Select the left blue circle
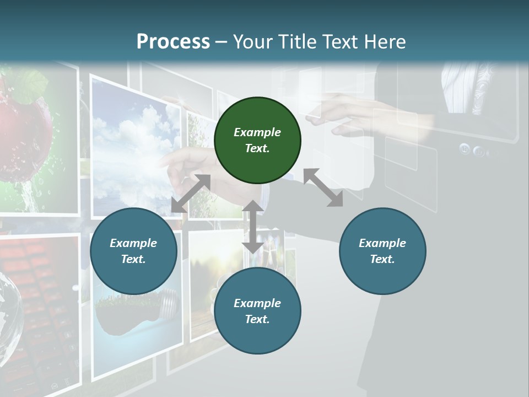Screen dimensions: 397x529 tap(133, 251)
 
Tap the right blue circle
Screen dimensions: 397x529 tap(382, 251)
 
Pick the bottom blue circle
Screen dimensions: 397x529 tap(257, 312)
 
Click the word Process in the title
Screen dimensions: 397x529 tap(173, 42)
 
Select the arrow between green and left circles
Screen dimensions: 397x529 tap(191, 194)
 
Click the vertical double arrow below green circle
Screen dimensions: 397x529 tap(253, 227)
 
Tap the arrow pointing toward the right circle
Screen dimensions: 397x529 tap(323, 187)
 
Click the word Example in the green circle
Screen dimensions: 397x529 tap(257, 132)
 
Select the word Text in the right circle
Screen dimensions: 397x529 tap(382, 259)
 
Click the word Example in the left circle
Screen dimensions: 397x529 tap(133, 243)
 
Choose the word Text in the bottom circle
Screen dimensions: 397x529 tap(257, 319)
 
